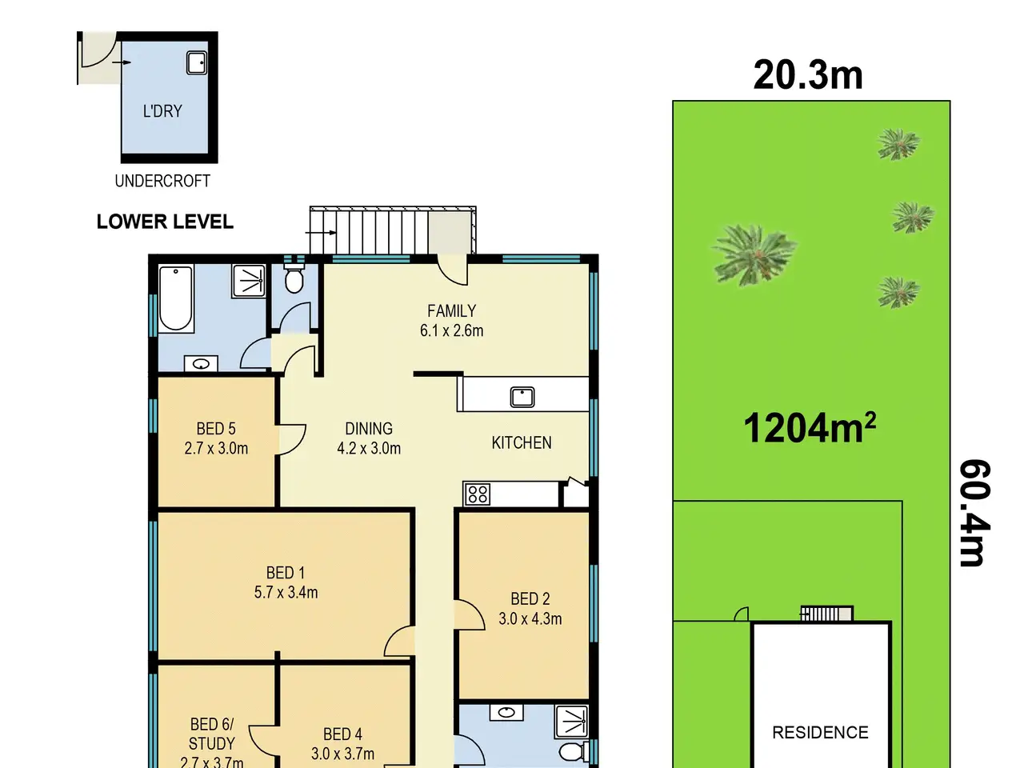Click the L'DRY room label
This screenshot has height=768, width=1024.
[x=162, y=111]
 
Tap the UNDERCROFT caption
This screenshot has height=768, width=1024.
[x=162, y=181]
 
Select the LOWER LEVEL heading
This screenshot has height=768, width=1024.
[x=165, y=222]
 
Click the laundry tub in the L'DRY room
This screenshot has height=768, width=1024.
[x=197, y=62]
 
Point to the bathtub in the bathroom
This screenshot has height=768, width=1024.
[x=175, y=299]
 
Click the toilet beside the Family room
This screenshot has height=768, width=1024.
[x=294, y=278]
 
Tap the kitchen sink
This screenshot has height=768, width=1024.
[x=522, y=398]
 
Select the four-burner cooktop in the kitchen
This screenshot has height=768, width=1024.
[x=478, y=494]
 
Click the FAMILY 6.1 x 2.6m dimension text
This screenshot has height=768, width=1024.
[x=451, y=330]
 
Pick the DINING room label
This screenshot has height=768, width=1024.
[x=369, y=429]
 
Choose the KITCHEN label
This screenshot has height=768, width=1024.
[x=522, y=442]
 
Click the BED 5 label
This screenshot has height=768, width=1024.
[x=216, y=429]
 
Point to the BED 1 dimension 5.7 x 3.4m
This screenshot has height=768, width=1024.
[x=286, y=592]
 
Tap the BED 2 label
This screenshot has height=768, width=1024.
[x=530, y=598]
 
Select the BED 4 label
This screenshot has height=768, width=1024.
[x=342, y=734]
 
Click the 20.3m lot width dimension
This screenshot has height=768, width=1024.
[x=808, y=75]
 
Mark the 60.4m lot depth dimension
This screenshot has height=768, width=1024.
[x=974, y=514]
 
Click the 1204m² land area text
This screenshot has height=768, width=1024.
[x=810, y=427]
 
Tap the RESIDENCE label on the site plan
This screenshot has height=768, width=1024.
[x=820, y=732]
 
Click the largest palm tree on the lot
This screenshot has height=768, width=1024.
[x=754, y=254]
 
